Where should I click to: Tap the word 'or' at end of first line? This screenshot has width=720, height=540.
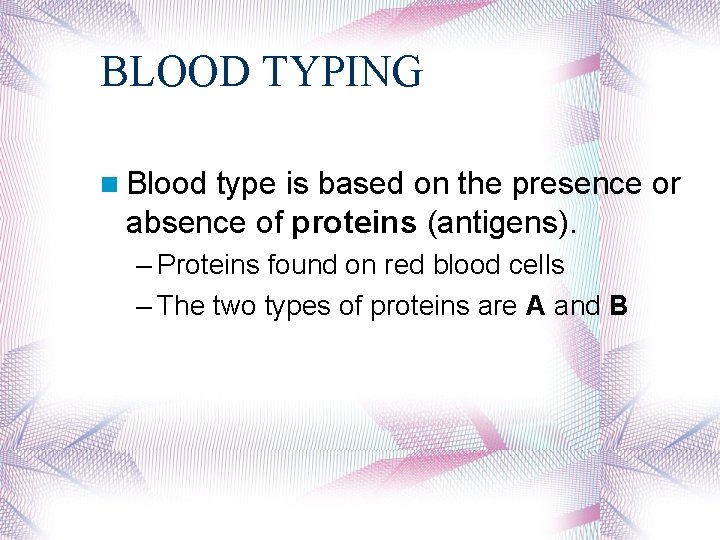[667, 184]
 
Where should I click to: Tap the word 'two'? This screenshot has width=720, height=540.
[235, 306]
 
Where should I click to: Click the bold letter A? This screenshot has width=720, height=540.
[535, 306]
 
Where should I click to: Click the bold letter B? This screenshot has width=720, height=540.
[618, 306]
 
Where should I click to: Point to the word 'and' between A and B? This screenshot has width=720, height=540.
[576, 306]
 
